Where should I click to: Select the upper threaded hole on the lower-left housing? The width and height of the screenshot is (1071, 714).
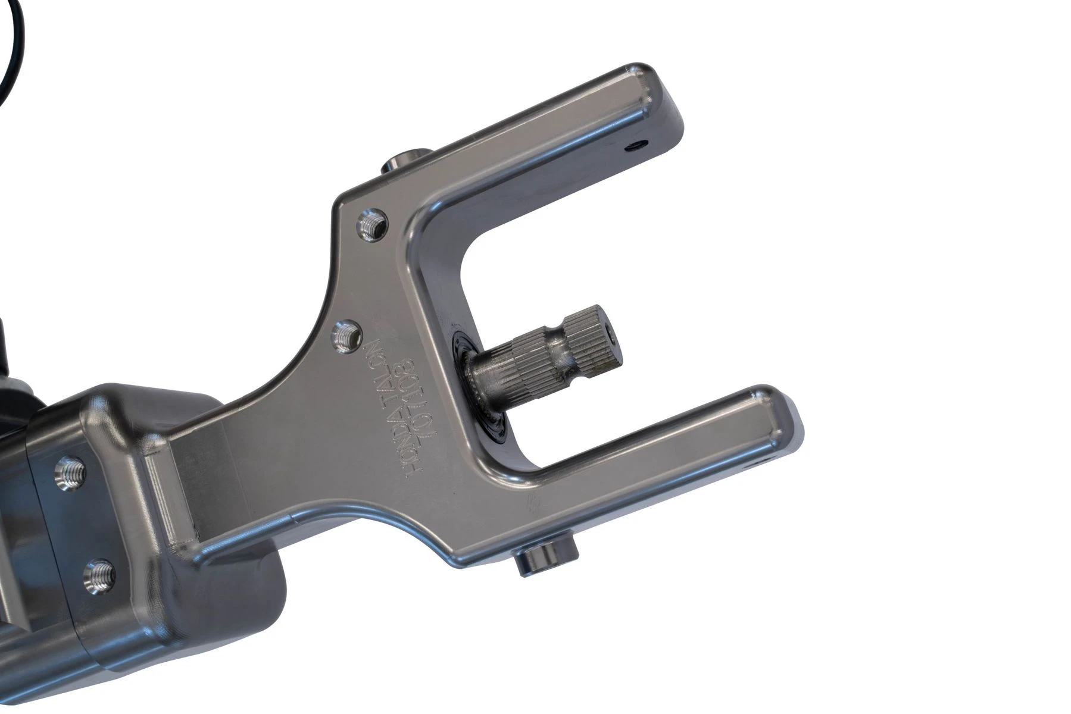pos(69,473)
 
